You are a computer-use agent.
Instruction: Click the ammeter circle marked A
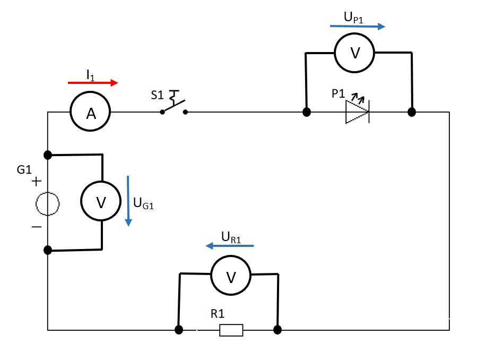pos(90,113)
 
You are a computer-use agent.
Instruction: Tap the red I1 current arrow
pos(93,83)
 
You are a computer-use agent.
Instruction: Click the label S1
pos(157,96)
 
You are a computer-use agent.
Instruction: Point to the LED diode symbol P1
pos(357,113)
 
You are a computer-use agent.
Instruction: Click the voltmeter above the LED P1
pos(354,53)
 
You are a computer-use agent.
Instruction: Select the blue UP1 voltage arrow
pos(357,26)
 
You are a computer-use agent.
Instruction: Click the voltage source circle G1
pos(48,203)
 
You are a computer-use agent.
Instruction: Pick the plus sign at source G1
pos(36,182)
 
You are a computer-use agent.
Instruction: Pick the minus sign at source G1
pos(36,227)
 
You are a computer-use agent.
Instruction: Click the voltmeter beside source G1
pos(101,202)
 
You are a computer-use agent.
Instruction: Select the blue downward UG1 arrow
pos(127,201)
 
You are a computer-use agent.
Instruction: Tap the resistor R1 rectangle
pos(231,330)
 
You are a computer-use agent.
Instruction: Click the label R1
pos(218,314)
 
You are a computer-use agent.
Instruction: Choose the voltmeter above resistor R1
pos(231,276)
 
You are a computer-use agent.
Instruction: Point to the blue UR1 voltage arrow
pos(230,246)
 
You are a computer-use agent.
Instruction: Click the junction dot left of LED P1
pos(306,113)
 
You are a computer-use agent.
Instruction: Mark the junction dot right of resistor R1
pos(277,330)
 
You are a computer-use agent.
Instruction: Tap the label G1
pos(24,171)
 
